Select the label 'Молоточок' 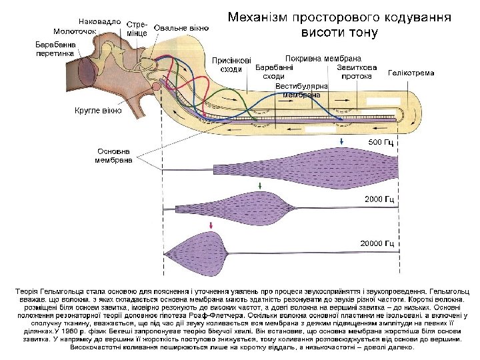coord(75,31)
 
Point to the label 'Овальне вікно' coord(181,28)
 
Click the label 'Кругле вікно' coord(97,110)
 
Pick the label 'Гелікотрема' coord(411,73)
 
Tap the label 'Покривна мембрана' coord(323,58)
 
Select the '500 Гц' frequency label coord(381,143)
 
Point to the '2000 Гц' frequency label coord(379,199)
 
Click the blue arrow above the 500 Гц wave coord(341,141)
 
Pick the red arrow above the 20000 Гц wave coord(211,227)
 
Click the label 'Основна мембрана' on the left coord(113,155)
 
